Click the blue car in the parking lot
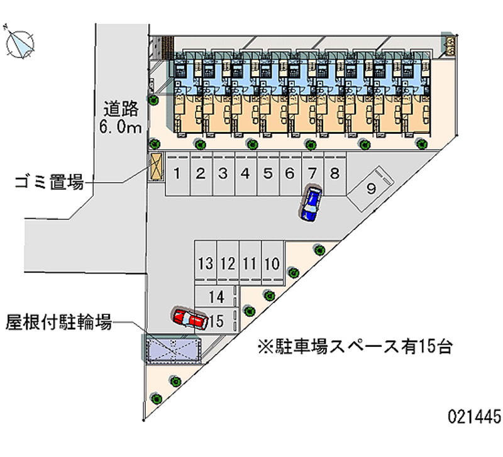(x=310, y=204)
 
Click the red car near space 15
(x=191, y=319)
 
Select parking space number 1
(x=178, y=174)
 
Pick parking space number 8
(x=334, y=174)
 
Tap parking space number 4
(x=245, y=174)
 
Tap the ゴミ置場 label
(x=50, y=184)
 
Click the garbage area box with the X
(x=155, y=168)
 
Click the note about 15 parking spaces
(x=355, y=346)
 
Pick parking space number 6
(x=290, y=174)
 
